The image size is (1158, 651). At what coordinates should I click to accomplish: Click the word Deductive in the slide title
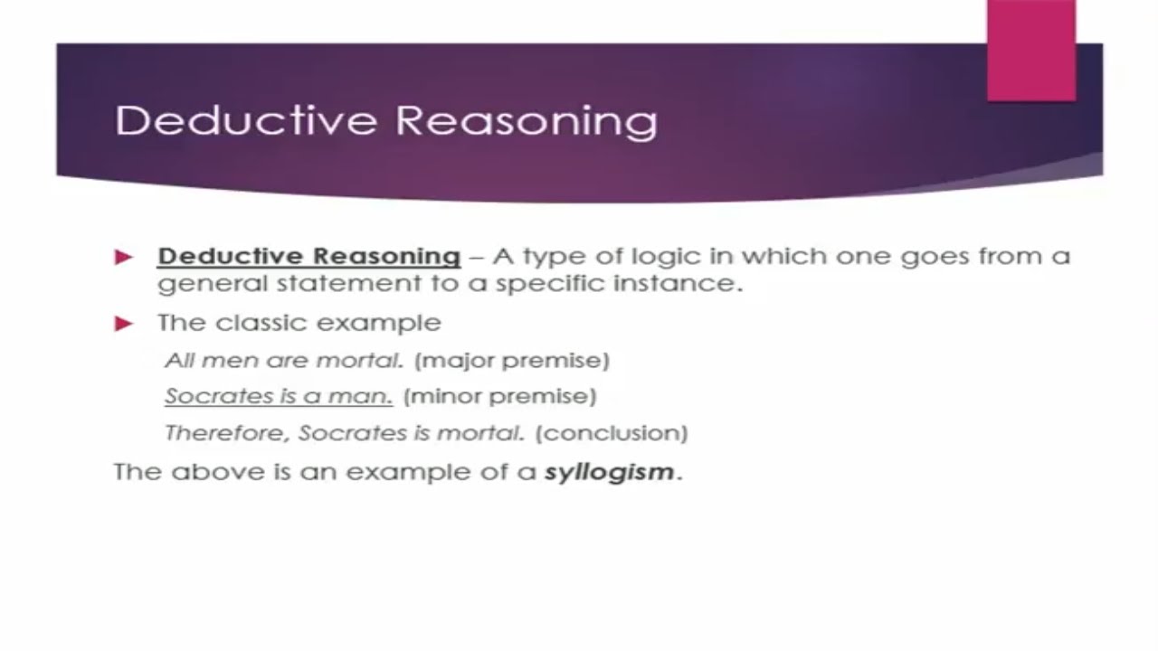[233, 120]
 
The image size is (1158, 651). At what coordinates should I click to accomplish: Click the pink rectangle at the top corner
[1030, 50]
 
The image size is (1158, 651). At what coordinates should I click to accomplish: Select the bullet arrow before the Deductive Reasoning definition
[124, 258]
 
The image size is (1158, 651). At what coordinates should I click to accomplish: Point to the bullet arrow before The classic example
[124, 324]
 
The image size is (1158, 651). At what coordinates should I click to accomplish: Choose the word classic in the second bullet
[254, 323]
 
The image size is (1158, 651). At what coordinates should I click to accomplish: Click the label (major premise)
[512, 361]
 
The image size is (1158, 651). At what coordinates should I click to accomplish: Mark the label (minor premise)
[499, 397]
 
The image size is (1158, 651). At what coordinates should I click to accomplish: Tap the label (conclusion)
[612, 433]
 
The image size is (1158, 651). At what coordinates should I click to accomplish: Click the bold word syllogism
[609, 472]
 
